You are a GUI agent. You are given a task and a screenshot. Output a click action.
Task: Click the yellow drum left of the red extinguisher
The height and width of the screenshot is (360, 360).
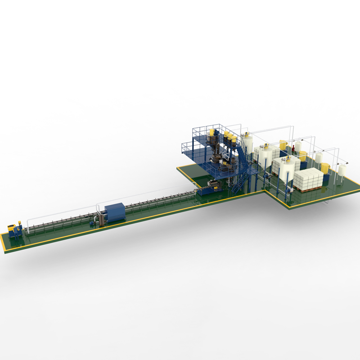tap(283, 144)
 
